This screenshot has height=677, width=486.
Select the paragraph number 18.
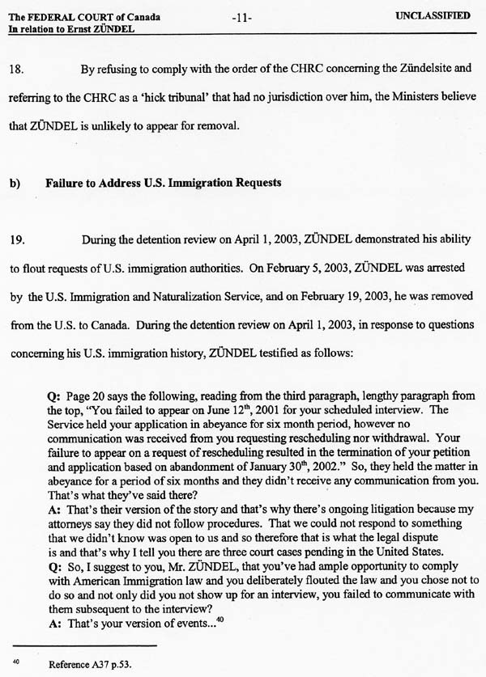pos(16,70)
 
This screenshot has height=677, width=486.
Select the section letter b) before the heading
pos(15,183)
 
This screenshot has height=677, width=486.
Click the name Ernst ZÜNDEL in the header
pos(100,28)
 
